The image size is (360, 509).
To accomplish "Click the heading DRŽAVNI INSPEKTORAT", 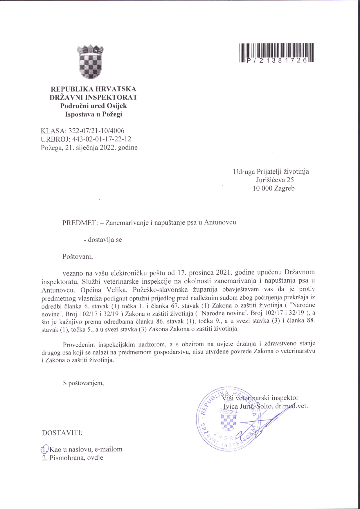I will coord(93,97).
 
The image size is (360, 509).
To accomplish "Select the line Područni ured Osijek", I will coord(93,106).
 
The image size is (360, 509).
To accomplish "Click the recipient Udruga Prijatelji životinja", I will coord(271,171).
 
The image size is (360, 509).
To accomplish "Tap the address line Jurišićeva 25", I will coord(275,180).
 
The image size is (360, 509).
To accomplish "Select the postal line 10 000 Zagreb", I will coord(273,188).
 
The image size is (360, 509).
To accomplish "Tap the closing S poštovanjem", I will coord(83,383).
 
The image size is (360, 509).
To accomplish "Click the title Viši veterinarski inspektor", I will coord(260,398).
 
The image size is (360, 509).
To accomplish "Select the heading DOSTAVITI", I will coord(62,433).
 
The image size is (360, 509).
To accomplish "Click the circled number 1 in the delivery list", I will coord(44,449).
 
